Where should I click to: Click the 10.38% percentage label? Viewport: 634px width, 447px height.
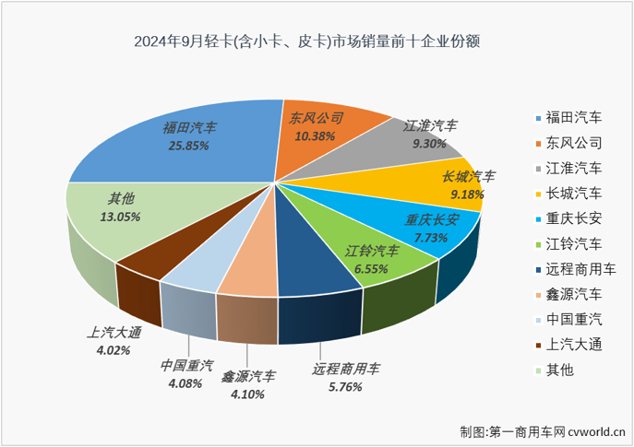pyautogui.click(x=317, y=135)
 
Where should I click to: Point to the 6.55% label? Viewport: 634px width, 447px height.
pyautogui.click(x=372, y=268)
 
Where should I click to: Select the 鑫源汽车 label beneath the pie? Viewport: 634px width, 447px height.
pyautogui.click(x=247, y=376)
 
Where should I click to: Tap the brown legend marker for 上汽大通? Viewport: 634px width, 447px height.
pyautogui.click(x=538, y=345)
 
